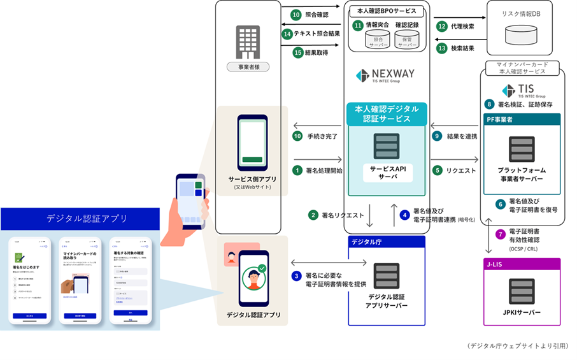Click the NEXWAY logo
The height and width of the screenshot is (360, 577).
coord(385,75)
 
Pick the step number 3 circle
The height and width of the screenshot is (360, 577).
coord(296,276)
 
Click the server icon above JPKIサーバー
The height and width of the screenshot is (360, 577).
coord(521,291)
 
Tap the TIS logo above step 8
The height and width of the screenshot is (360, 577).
coord(515,90)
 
